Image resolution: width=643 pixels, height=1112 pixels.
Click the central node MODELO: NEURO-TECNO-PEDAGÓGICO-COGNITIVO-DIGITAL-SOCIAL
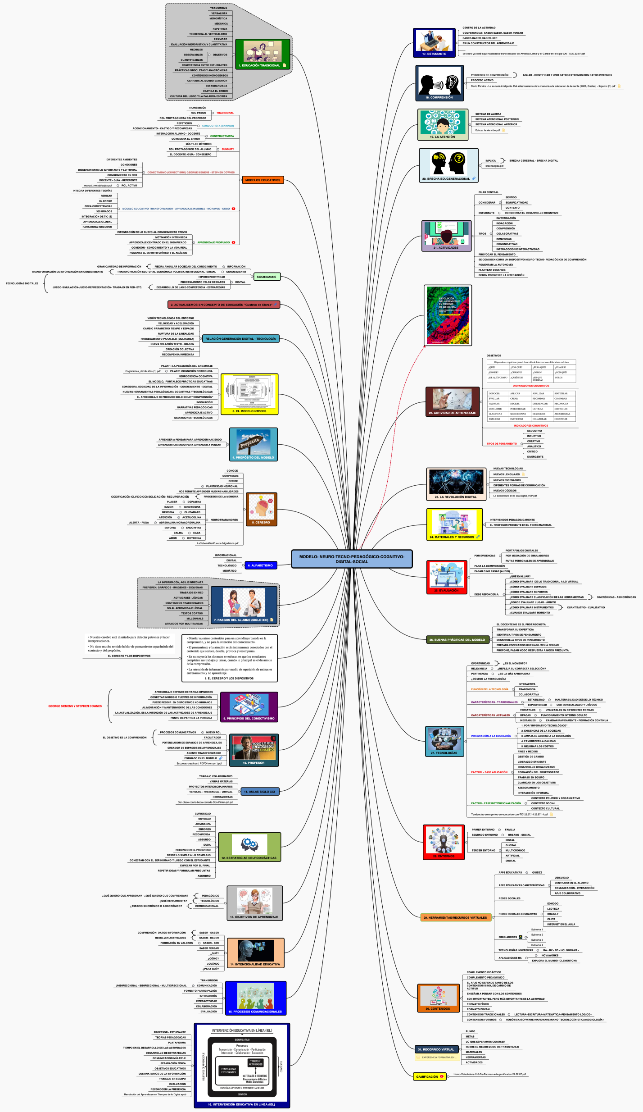click(x=352, y=559)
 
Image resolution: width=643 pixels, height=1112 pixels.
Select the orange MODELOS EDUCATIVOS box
click(x=263, y=180)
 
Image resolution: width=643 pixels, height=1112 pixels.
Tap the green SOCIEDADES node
click(x=267, y=277)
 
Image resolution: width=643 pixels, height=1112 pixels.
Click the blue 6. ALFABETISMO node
click(x=262, y=565)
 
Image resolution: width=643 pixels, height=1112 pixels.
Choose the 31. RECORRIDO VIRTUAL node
click(x=435, y=1049)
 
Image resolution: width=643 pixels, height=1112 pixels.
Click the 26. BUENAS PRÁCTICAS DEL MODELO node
click(x=457, y=640)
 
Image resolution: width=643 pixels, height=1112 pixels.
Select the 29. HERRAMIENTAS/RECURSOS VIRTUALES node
click(x=455, y=917)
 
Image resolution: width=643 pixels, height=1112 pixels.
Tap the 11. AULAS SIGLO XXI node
click(x=260, y=792)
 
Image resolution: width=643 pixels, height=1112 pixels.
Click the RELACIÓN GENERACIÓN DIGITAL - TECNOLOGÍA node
click(x=240, y=339)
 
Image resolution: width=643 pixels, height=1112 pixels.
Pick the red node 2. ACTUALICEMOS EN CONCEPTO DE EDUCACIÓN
click(x=223, y=305)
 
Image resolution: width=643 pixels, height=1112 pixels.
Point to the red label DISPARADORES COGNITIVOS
click(x=531, y=386)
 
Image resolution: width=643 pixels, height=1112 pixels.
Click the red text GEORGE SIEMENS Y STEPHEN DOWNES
click(x=75, y=706)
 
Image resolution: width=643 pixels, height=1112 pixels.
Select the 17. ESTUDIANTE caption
click(x=434, y=54)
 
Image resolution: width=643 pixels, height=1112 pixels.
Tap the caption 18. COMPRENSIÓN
click(x=439, y=97)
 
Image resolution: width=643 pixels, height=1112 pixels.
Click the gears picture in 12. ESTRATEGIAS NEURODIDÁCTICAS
click(x=249, y=843)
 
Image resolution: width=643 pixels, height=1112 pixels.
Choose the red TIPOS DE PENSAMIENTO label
click(x=502, y=444)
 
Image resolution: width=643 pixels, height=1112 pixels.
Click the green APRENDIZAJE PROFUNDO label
click(x=213, y=242)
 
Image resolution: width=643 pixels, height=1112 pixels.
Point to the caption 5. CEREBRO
click(x=261, y=523)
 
